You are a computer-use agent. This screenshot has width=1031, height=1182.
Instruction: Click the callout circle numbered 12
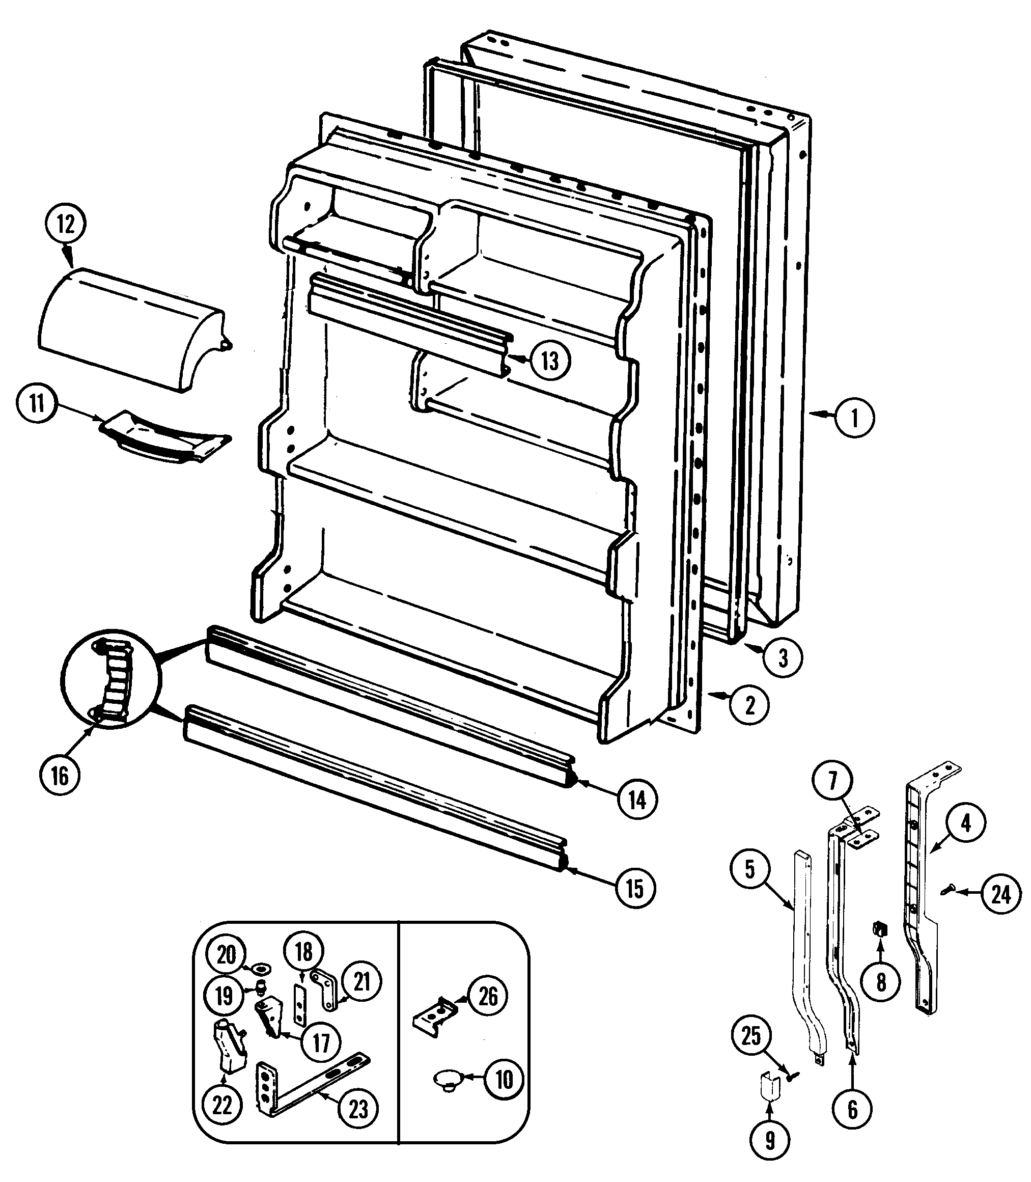coord(65,224)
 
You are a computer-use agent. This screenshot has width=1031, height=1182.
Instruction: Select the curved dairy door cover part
coord(127,328)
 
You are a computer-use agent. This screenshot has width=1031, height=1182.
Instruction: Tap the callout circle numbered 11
coord(37,404)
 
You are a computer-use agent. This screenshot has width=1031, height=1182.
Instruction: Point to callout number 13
coord(549,361)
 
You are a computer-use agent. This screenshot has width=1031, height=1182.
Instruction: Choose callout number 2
coord(749,704)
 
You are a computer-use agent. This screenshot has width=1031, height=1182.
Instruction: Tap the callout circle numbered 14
coord(637,800)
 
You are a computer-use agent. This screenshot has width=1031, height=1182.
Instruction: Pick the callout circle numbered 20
coord(226,955)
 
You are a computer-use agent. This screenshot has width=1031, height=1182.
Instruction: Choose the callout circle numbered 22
coord(222,1105)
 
